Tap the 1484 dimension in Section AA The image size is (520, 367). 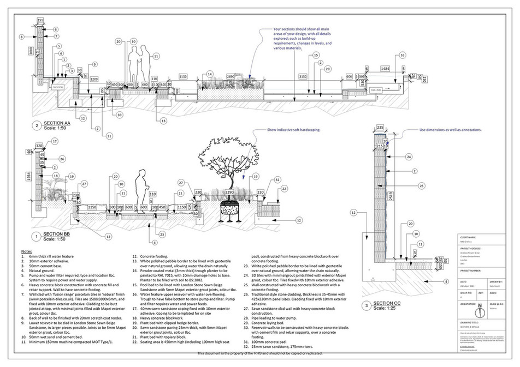coord(385,69)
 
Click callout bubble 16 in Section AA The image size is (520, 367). coord(403,55)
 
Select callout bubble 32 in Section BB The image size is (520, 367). coord(278,179)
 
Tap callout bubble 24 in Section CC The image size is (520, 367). coord(409,157)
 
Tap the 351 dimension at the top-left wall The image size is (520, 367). coord(40,20)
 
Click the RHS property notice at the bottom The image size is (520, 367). coord(260,353)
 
